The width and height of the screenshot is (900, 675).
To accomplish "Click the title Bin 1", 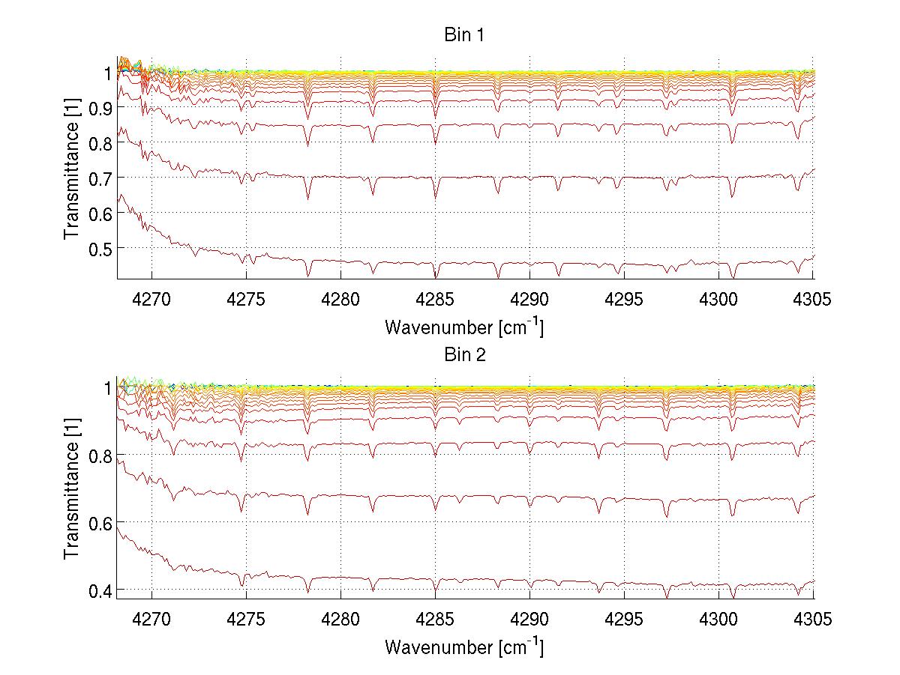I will pos(464,36).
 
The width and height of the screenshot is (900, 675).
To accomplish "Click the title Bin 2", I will pos(464,354).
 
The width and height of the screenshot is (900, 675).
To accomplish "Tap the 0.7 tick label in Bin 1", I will pos(98,178).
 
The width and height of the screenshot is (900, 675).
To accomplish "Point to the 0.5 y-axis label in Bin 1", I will pos(98,248).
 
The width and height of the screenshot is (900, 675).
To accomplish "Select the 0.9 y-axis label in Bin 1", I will pos(98,108).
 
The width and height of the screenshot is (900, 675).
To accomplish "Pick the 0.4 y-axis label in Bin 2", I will pos(98,591).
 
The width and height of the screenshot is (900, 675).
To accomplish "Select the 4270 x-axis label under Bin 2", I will pos(152,619).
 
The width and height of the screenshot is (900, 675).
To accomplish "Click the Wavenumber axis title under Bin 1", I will pos(464,327).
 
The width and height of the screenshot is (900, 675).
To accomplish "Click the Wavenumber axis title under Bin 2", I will pos(464,646).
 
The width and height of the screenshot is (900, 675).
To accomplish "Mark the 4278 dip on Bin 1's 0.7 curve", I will pos(307,198).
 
